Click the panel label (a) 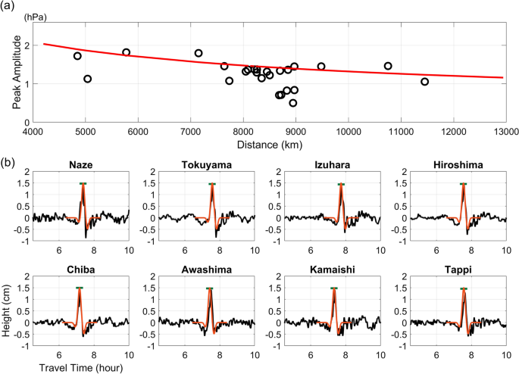coord(8,6)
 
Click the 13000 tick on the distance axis coord(505,131)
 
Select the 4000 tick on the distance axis coord(33,131)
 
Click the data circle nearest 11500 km coord(425,82)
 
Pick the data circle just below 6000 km coord(127,52)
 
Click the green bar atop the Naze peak coord(83,184)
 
